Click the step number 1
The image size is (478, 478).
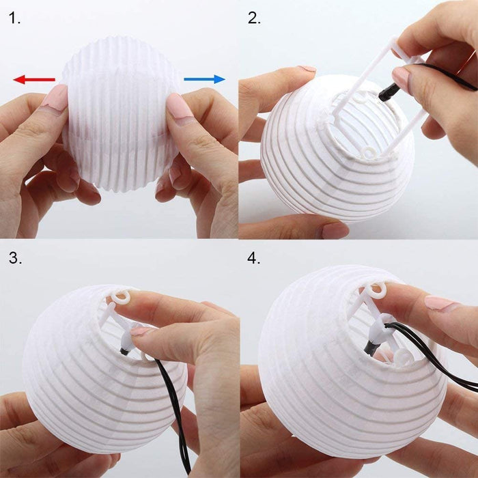[14, 19]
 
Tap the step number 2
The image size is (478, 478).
[254, 19]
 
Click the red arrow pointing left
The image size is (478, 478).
[33, 80]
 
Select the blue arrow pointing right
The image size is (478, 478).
[204, 79]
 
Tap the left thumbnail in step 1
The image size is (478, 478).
[55, 99]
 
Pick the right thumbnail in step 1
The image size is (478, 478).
[180, 106]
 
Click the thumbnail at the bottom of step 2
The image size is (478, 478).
[335, 230]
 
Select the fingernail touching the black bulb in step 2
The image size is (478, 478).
[401, 79]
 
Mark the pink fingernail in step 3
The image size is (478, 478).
[141, 331]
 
